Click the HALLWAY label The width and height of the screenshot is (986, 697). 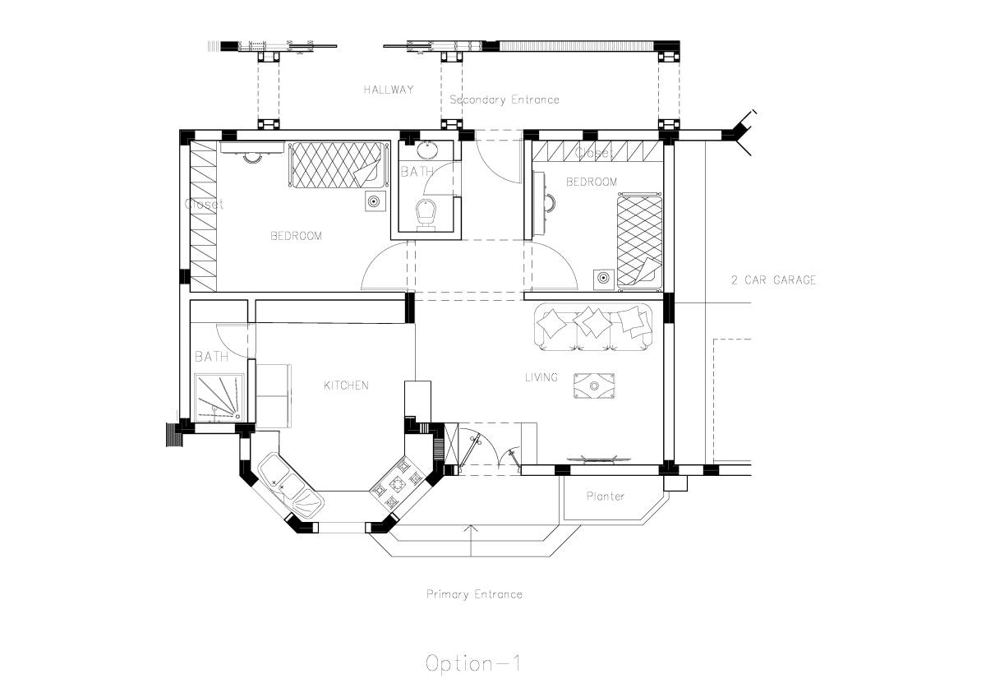(389, 90)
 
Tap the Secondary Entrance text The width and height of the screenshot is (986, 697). (504, 99)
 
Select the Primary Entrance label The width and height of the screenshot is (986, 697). (474, 593)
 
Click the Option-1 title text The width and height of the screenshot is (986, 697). (473, 663)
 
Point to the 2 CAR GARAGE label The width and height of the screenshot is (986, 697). (773, 279)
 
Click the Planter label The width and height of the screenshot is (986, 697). (605, 496)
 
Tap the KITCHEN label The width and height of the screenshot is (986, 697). (346, 385)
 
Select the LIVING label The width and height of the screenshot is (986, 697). (541, 377)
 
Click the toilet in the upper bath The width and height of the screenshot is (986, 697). (426, 213)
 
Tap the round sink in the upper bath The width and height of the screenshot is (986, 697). (427, 150)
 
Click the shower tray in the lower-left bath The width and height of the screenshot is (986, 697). (219, 397)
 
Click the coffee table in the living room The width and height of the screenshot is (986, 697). (593, 385)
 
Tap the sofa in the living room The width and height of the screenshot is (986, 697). (593, 325)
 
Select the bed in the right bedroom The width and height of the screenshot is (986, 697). (639, 239)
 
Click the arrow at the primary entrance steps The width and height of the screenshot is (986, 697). (472, 531)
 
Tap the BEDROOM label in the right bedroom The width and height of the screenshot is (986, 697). (591, 182)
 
